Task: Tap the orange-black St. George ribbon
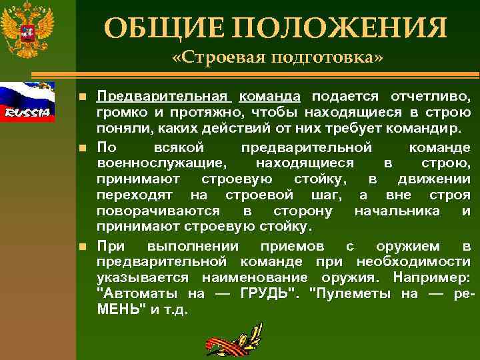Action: [233, 337]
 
